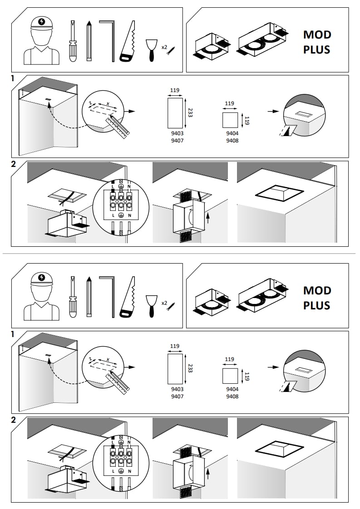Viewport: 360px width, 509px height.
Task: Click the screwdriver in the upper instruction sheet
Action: pyautogui.click(x=74, y=41)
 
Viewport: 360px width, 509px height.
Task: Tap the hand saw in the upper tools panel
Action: pyautogui.click(x=128, y=42)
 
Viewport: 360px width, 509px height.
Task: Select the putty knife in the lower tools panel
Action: pyautogui.click(x=151, y=306)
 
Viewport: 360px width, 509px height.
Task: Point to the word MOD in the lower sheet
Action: pyautogui.click(x=317, y=290)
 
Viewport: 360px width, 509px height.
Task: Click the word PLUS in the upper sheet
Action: pyautogui.click(x=317, y=49)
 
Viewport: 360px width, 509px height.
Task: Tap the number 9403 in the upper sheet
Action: pyautogui.click(x=177, y=133)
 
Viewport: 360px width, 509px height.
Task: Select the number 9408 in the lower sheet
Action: pyautogui.click(x=232, y=396)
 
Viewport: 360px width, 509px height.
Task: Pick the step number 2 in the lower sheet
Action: pyautogui.click(x=13, y=420)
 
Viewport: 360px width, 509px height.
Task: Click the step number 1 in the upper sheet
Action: pyautogui.click(x=13, y=78)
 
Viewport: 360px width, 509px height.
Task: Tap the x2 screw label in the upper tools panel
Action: pyautogui.click(x=164, y=47)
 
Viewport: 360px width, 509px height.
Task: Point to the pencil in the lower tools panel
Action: pyautogui.click(x=89, y=297)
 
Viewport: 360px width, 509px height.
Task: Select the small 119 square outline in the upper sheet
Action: pyautogui.click(x=230, y=120)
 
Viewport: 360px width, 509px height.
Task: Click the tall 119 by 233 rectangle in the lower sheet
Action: pyautogui.click(x=175, y=369)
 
